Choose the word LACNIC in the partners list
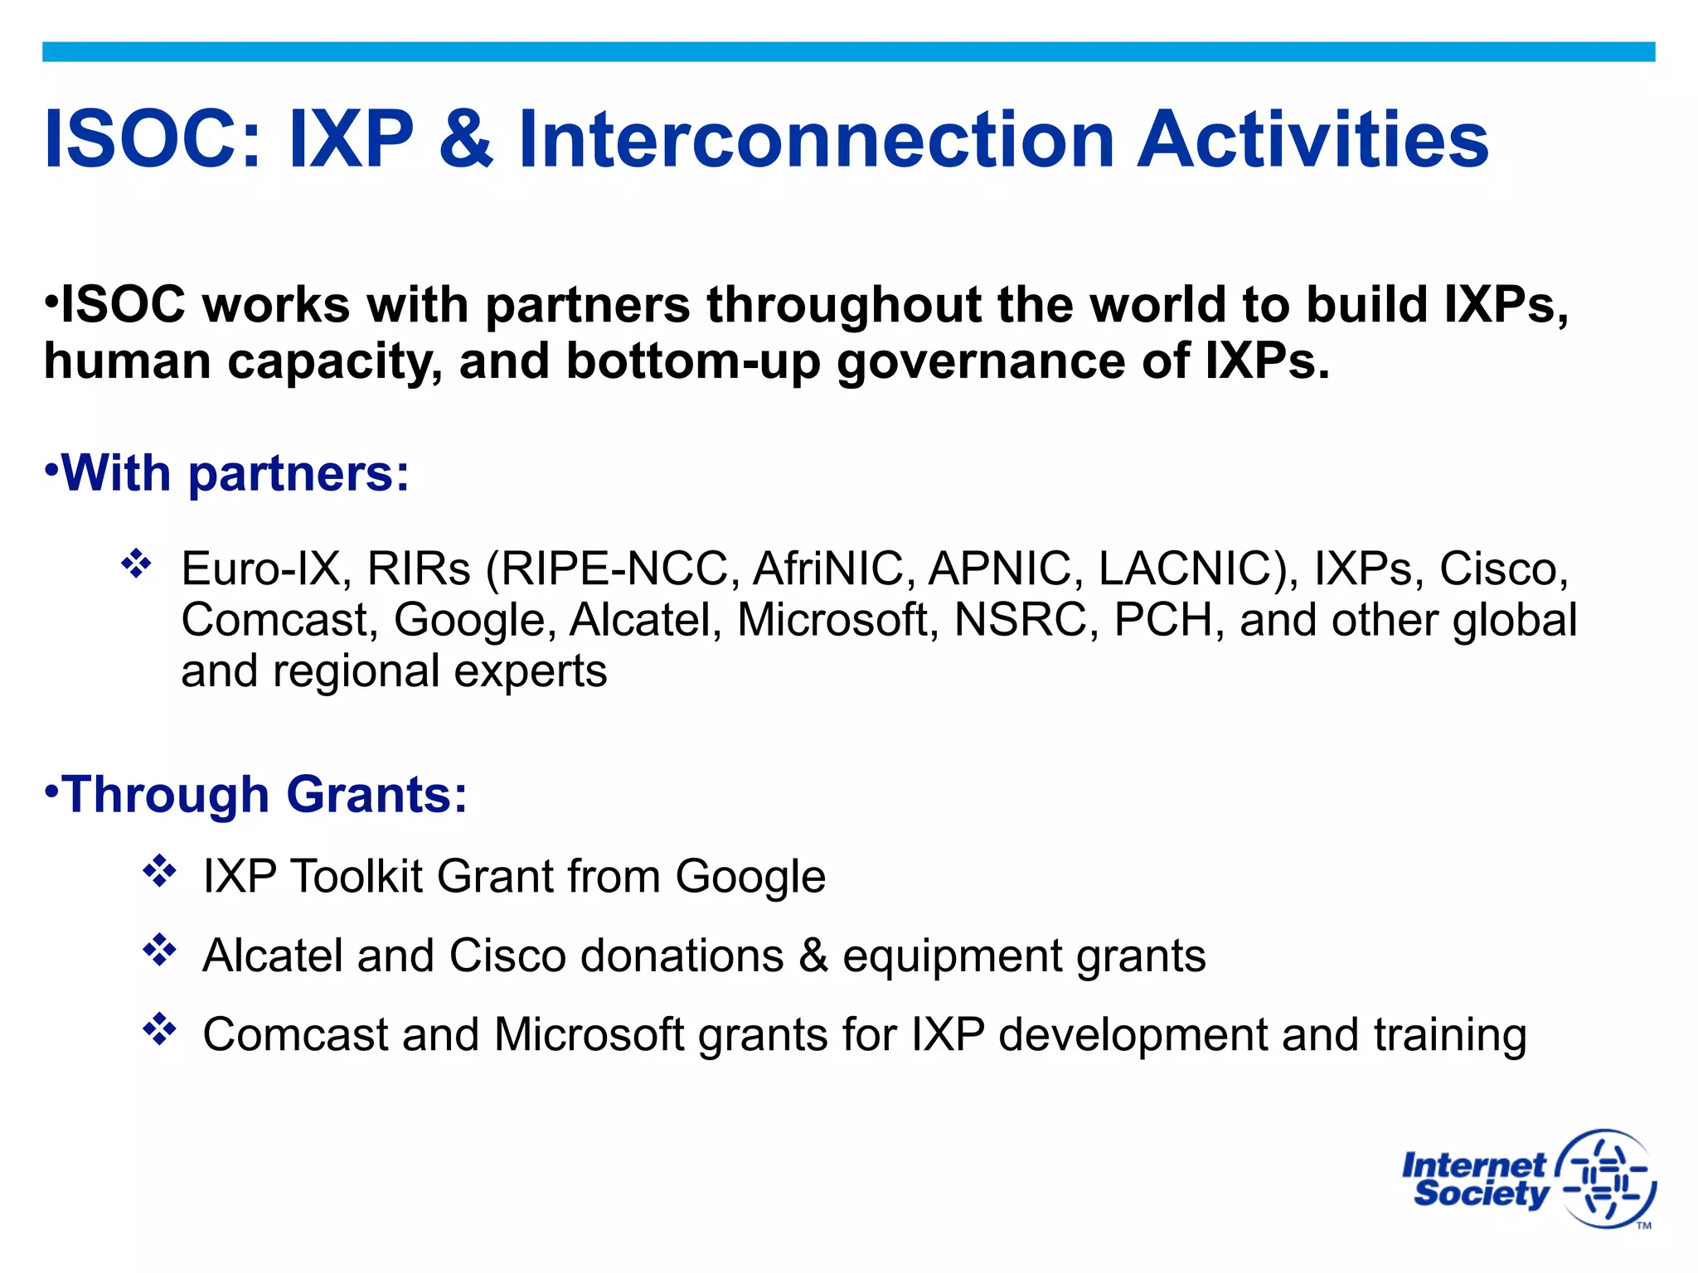point(1194,569)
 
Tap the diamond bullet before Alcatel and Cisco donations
point(159,950)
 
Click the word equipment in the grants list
point(952,956)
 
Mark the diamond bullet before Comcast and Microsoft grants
point(159,1029)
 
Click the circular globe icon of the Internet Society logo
point(1607,1178)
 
